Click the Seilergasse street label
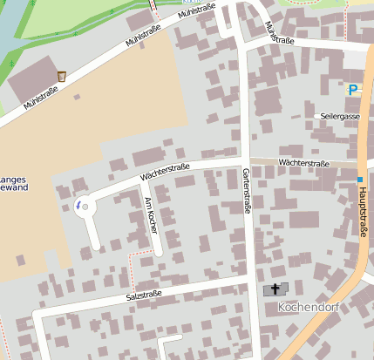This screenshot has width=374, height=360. click(x=340, y=116)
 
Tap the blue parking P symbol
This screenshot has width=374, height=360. click(x=352, y=89)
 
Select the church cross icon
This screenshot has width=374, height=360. click(x=275, y=289)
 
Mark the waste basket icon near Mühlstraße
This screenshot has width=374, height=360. click(x=62, y=77)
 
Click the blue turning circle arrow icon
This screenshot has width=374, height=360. click(x=78, y=204)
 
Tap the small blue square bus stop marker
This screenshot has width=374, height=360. click(x=358, y=180)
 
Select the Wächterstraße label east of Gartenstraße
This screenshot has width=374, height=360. click(x=303, y=164)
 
